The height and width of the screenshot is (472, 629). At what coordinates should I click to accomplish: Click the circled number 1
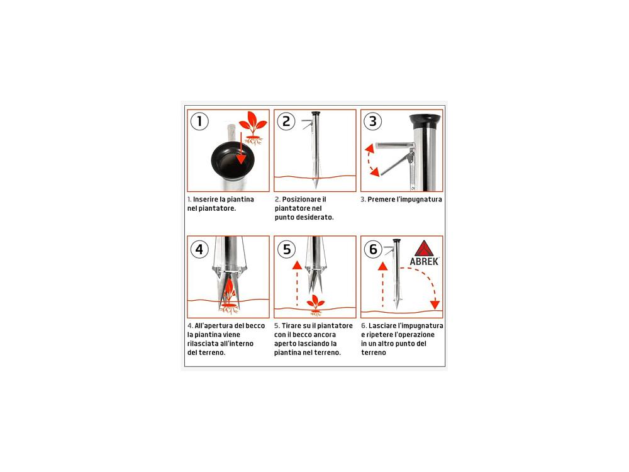click(199, 121)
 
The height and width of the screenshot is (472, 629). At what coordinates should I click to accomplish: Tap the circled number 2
click(286, 121)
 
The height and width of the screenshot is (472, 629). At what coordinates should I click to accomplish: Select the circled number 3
click(372, 121)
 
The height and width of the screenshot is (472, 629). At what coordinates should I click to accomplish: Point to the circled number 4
click(199, 249)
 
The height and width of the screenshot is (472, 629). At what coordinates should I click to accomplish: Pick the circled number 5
click(286, 249)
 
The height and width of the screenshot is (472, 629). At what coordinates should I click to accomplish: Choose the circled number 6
click(373, 249)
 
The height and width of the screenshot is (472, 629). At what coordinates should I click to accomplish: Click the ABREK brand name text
click(424, 262)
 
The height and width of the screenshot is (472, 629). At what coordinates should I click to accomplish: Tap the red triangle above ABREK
click(423, 249)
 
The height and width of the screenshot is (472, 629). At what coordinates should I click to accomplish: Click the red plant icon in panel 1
click(252, 128)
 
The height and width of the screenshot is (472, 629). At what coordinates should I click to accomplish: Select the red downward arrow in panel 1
click(241, 149)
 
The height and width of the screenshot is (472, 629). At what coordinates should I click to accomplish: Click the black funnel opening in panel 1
click(233, 160)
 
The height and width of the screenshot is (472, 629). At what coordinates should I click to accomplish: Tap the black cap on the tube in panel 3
click(425, 120)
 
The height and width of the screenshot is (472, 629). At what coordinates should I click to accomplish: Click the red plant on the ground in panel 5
click(316, 305)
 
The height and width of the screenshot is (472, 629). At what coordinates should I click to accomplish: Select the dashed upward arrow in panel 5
click(297, 283)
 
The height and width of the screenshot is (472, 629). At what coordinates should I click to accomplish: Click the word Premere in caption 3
click(381, 199)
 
